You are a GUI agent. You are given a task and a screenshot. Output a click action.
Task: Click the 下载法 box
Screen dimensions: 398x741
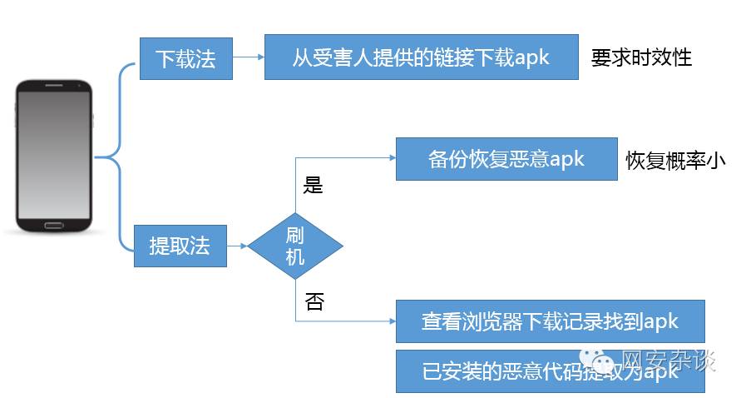(x=185, y=58)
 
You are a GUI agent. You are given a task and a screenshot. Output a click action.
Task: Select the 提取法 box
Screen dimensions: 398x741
(x=180, y=246)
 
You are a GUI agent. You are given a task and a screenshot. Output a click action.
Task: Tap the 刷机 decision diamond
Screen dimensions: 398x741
(x=295, y=246)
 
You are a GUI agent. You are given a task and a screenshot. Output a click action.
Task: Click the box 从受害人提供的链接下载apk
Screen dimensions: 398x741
(x=421, y=57)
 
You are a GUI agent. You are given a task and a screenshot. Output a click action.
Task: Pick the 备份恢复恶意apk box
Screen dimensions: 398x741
(x=506, y=159)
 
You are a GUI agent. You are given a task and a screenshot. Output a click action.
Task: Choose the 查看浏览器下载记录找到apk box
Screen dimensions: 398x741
(x=550, y=321)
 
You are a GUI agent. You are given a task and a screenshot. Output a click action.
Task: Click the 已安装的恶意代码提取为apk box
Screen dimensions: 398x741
(x=550, y=371)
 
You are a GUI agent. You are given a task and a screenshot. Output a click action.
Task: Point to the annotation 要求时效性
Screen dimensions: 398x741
(x=641, y=57)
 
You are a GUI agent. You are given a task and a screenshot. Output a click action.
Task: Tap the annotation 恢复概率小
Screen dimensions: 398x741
(x=675, y=161)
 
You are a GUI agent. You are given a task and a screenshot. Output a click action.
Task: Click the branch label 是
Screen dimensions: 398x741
(x=314, y=186)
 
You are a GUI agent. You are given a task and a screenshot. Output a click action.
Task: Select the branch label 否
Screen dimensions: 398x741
(x=314, y=302)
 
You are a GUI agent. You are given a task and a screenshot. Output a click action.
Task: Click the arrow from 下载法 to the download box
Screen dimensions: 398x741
(x=248, y=57)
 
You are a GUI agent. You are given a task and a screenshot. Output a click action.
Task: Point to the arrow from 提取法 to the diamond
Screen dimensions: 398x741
(x=237, y=246)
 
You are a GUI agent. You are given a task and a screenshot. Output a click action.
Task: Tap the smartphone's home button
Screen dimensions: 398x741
(x=54, y=225)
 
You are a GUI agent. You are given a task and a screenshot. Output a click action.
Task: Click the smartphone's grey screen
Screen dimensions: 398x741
(x=54, y=154)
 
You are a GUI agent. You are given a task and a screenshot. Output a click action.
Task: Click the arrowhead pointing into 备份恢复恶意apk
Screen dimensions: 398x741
(x=390, y=158)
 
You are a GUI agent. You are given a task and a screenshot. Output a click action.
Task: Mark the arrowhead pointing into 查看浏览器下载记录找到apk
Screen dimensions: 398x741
(x=390, y=321)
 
